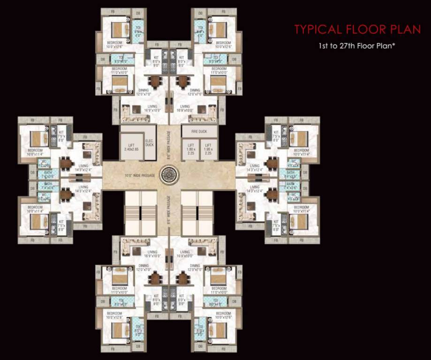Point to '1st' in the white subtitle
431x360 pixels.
coord(322,46)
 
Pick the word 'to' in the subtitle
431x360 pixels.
coord(334,46)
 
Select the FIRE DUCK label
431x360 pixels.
coord(199,131)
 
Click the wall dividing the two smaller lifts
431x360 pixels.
coord(200,149)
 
